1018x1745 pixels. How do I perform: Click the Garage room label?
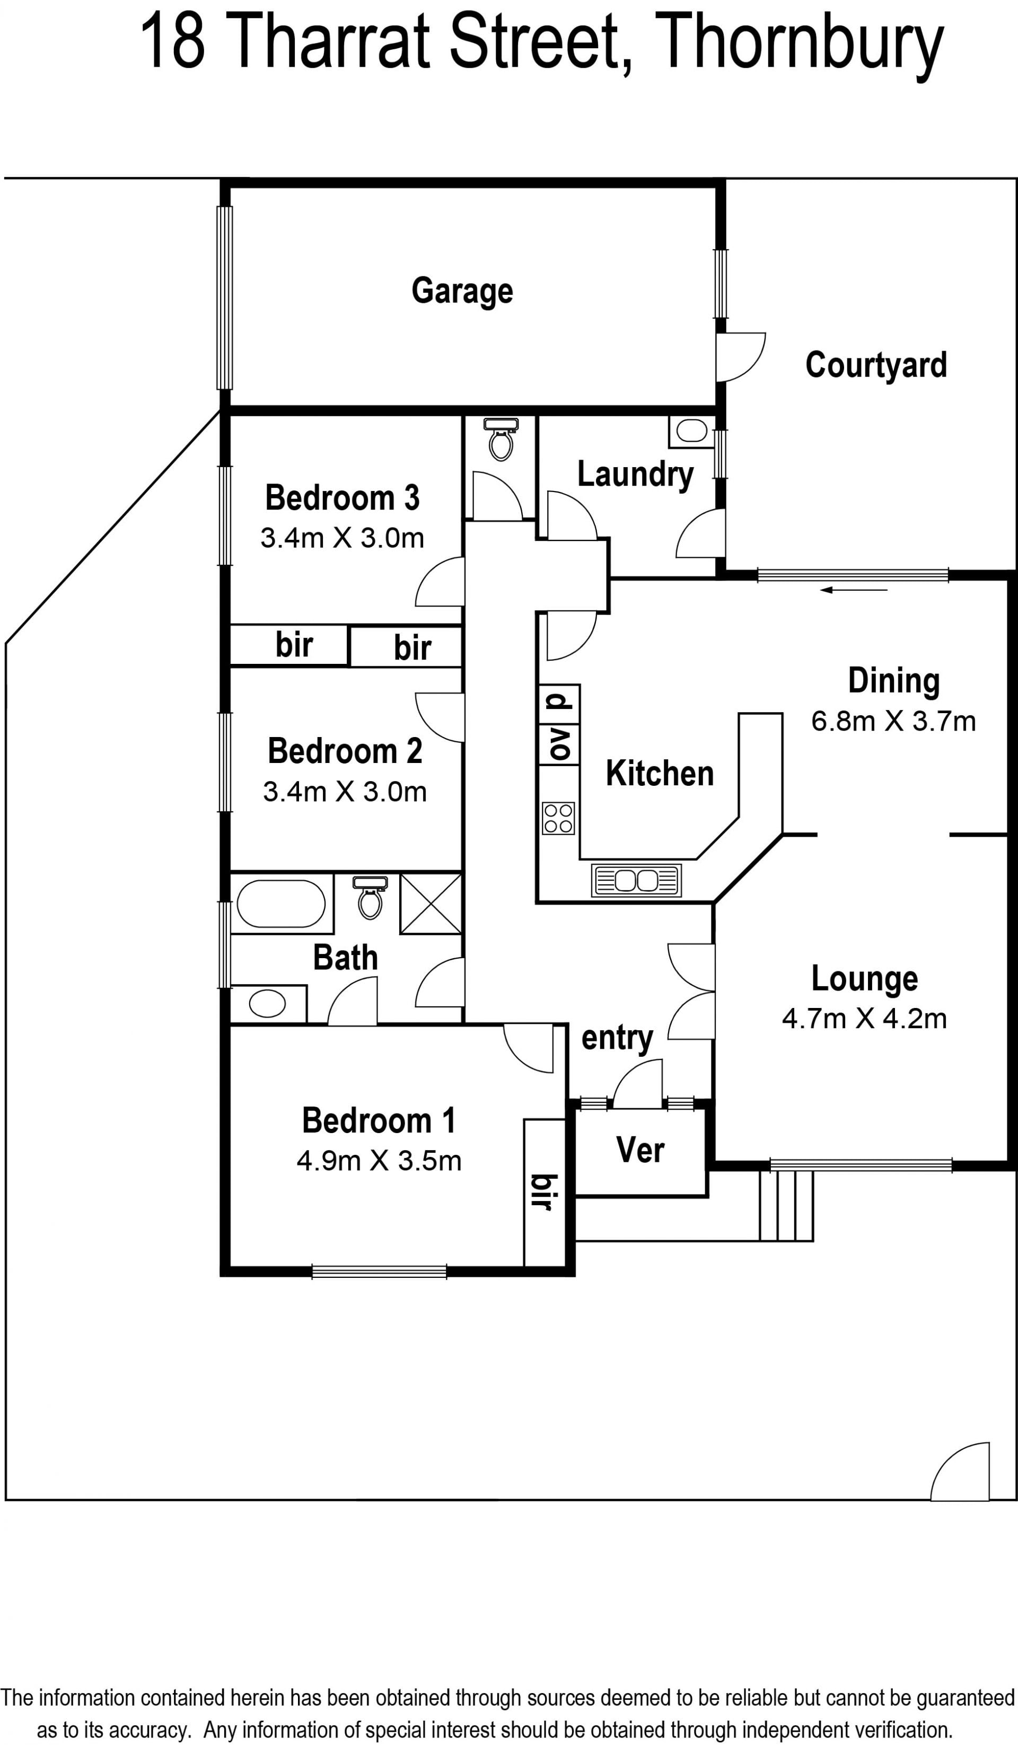(462, 291)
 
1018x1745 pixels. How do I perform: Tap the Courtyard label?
(876, 365)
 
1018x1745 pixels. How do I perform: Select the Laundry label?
(635, 475)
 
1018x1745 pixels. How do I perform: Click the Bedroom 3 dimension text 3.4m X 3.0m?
(342, 538)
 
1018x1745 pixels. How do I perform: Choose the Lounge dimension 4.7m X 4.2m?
(864, 1019)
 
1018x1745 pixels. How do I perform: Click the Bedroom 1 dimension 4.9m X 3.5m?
(379, 1161)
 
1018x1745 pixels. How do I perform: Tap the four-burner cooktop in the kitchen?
(559, 818)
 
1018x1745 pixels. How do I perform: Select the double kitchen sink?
(636, 881)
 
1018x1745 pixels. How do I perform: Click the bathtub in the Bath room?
(281, 904)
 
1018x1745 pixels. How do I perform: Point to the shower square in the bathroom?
(431, 904)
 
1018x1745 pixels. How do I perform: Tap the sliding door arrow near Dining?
(854, 590)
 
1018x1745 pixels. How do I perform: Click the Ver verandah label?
(640, 1150)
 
